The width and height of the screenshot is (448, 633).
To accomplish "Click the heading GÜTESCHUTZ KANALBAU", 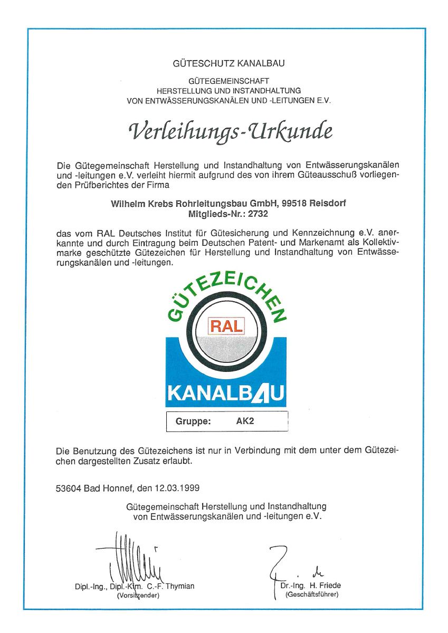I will (228, 64).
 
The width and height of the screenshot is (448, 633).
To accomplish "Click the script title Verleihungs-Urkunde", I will (228, 130).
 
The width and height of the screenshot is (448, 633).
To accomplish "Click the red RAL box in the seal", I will (227, 325).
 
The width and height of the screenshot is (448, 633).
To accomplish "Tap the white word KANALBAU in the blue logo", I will (227, 393).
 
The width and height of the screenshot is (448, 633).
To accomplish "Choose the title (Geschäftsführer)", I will (311, 594).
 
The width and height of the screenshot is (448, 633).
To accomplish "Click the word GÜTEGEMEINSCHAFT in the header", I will (228, 81).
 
